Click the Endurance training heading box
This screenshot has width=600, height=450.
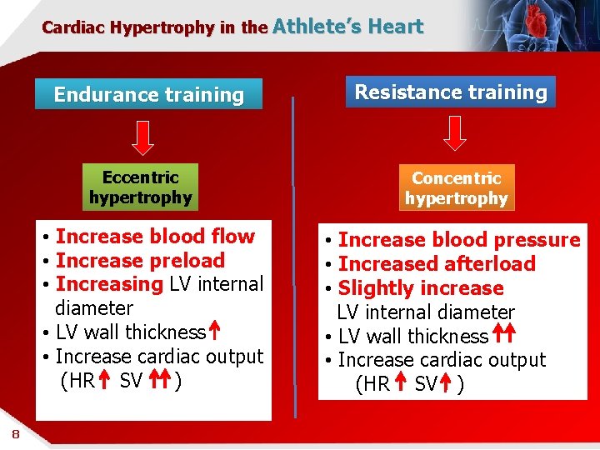[148, 94]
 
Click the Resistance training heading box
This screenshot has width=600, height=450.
[451, 92]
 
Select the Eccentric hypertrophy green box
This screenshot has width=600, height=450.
[140, 187]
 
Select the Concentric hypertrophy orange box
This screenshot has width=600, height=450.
[456, 187]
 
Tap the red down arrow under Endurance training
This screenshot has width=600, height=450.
[143, 137]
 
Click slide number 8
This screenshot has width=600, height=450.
[16, 433]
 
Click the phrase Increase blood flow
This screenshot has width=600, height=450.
[155, 237]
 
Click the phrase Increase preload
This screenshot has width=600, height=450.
[140, 261]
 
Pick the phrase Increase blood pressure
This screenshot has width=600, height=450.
[458, 240]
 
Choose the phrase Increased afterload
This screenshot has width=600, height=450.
[437, 264]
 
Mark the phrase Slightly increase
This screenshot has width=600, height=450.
[421, 288]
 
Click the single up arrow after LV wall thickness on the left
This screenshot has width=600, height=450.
[213, 332]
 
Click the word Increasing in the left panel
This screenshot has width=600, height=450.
[109, 284]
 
